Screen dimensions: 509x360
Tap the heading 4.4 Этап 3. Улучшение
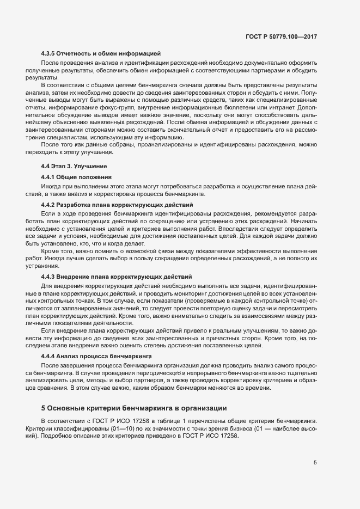(x=74, y=165)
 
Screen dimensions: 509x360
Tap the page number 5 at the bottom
(x=315, y=463)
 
